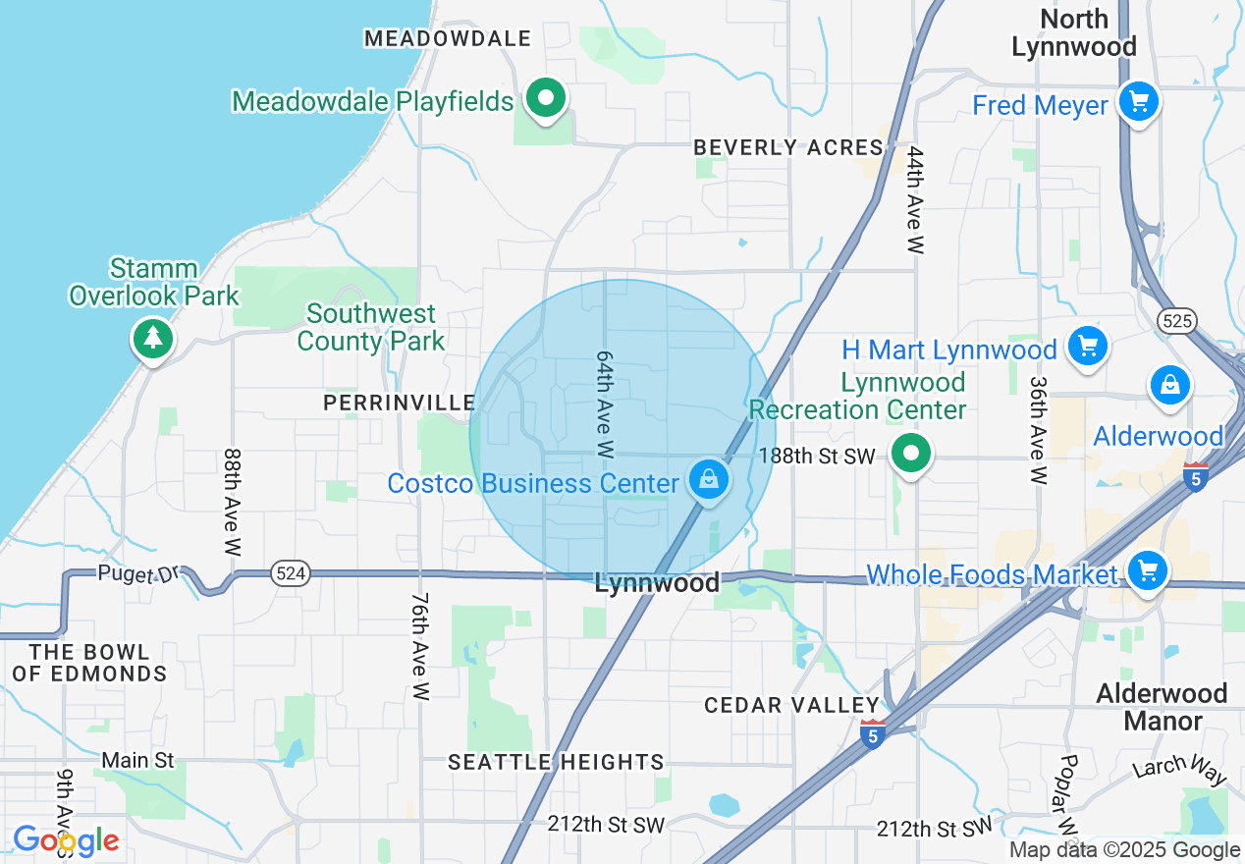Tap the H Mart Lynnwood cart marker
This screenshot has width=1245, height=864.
point(1087,347)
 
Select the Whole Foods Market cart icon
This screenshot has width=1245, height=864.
point(1147,571)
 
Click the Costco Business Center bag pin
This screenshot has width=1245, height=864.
point(707,481)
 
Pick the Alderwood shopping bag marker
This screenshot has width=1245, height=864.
point(1170,386)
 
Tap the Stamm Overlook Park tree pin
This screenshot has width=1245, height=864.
point(152,339)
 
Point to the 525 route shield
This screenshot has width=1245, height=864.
point(1174,320)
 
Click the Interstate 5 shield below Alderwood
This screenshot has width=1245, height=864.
point(1196,476)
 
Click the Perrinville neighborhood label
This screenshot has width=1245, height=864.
point(399,403)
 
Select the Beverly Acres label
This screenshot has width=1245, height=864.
point(788,147)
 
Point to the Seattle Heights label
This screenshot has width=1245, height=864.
point(556,762)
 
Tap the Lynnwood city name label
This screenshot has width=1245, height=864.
point(657,583)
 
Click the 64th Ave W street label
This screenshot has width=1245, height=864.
point(605,404)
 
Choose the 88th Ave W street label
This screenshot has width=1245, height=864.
point(232,503)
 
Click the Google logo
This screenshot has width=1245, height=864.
point(66,841)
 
